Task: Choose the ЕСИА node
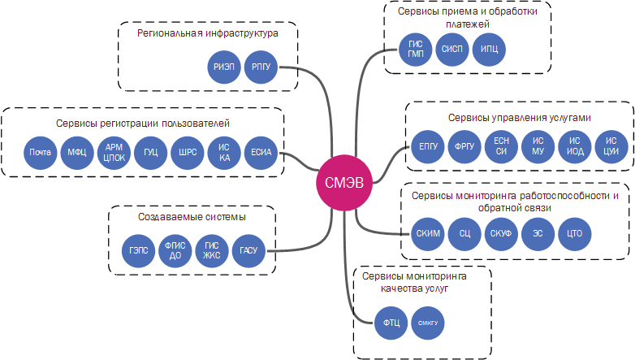tap(261, 152)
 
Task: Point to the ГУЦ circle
tap(150, 152)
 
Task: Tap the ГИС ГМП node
tap(416, 49)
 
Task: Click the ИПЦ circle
tap(490, 49)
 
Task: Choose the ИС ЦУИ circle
tap(611, 147)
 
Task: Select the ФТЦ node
tap(391, 323)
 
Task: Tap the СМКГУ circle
tap(428, 323)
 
